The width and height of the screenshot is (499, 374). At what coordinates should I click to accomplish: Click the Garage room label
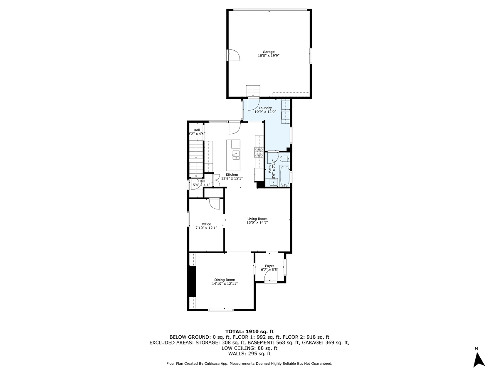[268, 52]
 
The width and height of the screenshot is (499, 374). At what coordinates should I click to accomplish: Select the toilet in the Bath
[284, 159]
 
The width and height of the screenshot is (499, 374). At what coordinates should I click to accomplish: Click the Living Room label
[257, 219]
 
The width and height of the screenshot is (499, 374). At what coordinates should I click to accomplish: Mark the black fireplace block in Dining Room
[192, 281]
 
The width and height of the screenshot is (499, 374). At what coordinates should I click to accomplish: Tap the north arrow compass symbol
[479, 358]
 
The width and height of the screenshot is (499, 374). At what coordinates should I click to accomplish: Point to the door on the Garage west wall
[233, 55]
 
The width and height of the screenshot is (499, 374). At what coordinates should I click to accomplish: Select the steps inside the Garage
[252, 90]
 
